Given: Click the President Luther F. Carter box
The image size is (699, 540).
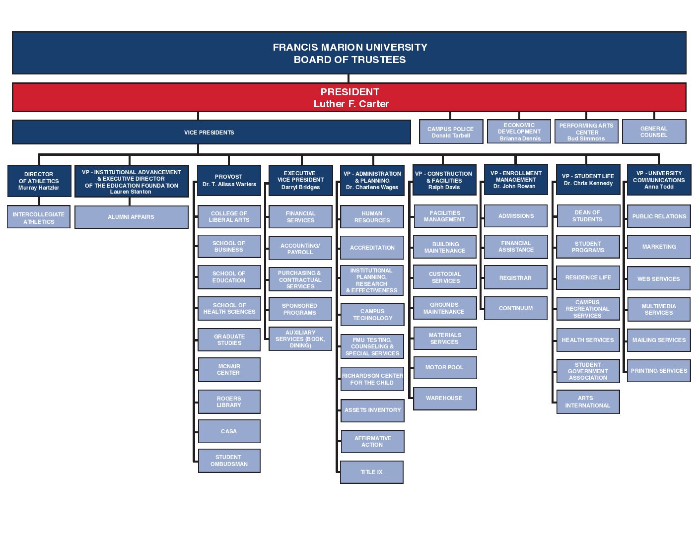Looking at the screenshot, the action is point(349,97).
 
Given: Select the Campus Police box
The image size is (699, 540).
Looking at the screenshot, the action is point(451,132).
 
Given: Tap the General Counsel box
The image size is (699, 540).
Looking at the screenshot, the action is point(654,132).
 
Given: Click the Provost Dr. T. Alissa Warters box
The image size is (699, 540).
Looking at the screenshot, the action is point(229,180).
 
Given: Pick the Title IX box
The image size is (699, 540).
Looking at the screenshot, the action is point(371,472).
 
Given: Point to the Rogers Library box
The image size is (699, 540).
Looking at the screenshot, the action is point(229,402).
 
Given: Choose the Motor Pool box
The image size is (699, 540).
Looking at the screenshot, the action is point(444,367).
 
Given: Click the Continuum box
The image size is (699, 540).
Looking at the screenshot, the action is point(516,308).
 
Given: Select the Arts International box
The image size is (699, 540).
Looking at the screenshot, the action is point(588,402).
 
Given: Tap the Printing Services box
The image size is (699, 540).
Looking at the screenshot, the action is point(659,371).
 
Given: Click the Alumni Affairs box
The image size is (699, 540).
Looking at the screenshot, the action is point(131,217).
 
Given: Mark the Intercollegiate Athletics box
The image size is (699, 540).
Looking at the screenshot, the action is point(39,217).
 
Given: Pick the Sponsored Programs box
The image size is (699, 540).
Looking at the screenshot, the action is point(300,309).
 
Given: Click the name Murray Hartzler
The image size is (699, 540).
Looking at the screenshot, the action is point(39,188).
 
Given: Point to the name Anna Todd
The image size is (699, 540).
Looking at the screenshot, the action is point(659,187).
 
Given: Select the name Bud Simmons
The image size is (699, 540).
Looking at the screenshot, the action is point(586,138).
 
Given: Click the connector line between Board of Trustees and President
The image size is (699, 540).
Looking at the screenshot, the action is point(349,78).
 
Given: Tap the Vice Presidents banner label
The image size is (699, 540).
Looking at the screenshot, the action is point(209,133).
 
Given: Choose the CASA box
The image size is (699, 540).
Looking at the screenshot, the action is point(229,431).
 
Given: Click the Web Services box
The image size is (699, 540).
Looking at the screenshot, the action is point(658,278).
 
